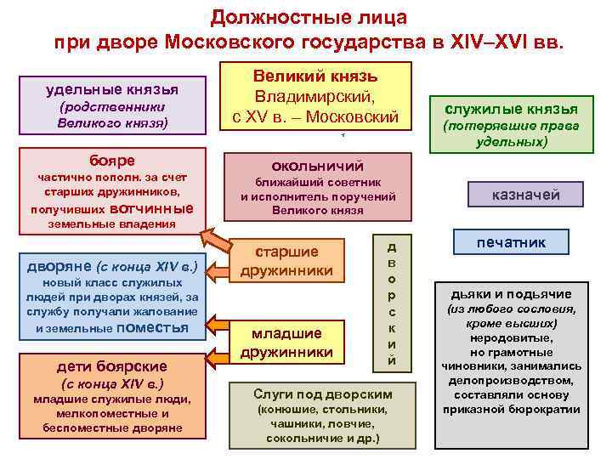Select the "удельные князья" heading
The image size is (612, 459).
pos(111,88)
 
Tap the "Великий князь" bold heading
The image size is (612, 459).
pos(315,76)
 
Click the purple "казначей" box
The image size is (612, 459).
pos(526,195)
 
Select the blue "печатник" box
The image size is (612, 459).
pos(511,242)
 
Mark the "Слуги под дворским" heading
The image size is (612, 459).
pos(322,394)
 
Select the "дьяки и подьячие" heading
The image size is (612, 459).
pos(511,294)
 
